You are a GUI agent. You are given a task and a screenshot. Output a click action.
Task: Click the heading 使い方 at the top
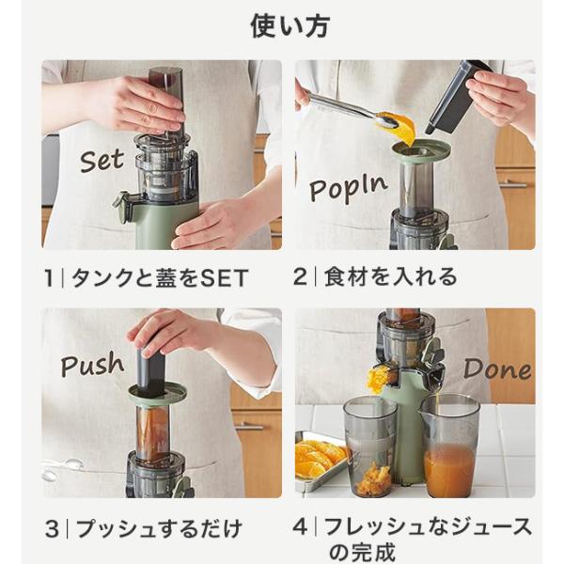(290, 26)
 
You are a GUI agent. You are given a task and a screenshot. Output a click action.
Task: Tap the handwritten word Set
(102, 161)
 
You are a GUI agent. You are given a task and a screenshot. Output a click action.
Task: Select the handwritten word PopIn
(348, 187)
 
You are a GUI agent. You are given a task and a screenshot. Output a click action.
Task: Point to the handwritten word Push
(92, 364)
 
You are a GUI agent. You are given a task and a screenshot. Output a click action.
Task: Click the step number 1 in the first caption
(49, 278)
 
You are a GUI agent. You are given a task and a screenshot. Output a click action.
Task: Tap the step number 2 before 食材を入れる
(300, 277)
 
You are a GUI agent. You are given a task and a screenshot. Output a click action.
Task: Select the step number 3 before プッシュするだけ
(52, 529)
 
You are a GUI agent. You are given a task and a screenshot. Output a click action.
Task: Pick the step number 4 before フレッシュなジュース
(300, 527)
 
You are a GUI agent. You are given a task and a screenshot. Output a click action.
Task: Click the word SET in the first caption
(224, 278)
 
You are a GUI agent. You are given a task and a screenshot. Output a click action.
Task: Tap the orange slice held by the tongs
(398, 128)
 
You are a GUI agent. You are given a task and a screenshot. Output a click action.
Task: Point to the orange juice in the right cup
(449, 467)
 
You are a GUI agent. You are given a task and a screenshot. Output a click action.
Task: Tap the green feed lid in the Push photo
(158, 395)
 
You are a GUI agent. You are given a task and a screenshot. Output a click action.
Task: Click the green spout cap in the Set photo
(122, 206)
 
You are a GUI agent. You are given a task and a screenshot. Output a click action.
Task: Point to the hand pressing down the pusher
(169, 331)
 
